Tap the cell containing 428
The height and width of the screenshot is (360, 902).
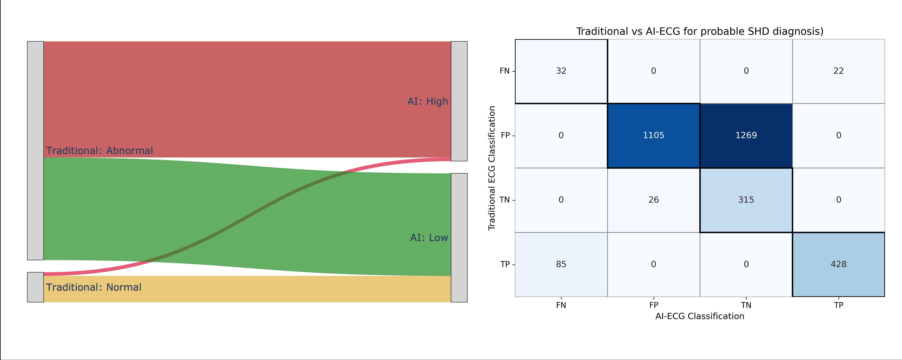838,264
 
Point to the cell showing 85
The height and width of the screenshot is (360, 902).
561,264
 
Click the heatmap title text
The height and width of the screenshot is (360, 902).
700,31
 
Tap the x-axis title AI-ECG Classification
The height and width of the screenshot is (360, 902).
700,316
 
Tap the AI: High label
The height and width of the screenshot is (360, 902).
428,102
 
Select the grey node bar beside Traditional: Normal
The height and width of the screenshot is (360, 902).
35,287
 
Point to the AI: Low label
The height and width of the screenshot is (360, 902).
429,238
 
